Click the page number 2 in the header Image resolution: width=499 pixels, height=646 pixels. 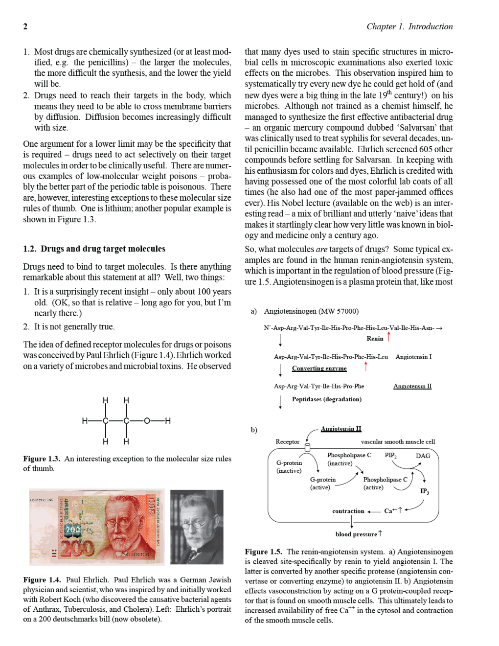click(25, 26)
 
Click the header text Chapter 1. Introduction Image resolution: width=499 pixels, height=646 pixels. click(409, 26)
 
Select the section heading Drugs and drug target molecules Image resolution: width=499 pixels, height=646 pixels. click(103, 249)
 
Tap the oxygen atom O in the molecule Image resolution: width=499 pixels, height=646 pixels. click(147, 420)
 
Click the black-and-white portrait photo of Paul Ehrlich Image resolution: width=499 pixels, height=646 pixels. click(197, 527)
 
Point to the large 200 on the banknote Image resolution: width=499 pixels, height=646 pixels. click(77, 548)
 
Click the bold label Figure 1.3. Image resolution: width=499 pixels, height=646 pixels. click(41, 459)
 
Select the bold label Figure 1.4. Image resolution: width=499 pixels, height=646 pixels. click(42, 579)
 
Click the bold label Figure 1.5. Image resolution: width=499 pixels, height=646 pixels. click(264, 552)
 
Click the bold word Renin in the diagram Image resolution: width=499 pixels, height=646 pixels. click(375, 338)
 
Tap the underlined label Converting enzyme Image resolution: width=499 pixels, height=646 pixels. click(319, 368)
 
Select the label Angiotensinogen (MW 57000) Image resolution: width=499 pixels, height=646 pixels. click(311, 311)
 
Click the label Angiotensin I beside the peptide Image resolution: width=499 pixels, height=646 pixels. click(413, 357)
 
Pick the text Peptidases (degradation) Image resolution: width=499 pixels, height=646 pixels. click(327, 399)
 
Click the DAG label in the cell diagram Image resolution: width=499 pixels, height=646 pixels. click(423, 456)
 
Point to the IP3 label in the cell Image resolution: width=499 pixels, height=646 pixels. click(424, 491)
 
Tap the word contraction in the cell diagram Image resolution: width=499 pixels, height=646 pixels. click(348, 511)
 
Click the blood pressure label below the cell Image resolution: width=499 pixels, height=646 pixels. click(356, 534)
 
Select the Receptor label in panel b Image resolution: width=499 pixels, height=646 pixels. click(287, 441)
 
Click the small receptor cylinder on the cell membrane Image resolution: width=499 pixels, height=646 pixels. click(307, 447)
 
